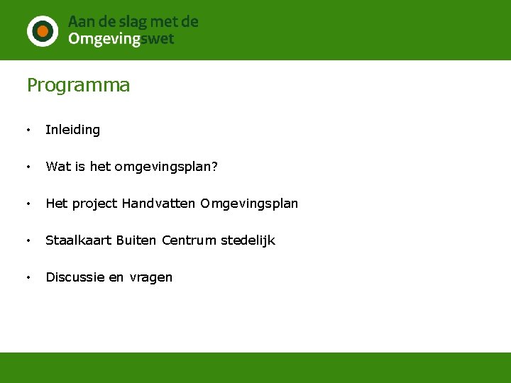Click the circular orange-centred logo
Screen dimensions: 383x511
click(43, 30)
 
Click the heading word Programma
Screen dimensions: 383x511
click(79, 86)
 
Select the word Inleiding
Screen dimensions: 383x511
click(73, 130)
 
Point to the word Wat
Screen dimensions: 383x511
click(57, 167)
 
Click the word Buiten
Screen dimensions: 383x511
click(136, 240)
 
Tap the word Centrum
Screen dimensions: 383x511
click(189, 240)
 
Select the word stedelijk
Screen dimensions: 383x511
click(248, 240)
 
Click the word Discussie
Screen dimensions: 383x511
click(75, 277)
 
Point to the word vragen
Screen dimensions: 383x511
click(150, 277)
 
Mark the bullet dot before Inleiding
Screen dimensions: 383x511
click(28, 131)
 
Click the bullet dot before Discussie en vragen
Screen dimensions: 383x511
click(28, 278)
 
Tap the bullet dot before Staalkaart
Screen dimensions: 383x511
click(28, 241)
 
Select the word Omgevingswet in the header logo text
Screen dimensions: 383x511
click(121, 40)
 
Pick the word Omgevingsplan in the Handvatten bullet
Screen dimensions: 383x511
click(249, 204)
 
